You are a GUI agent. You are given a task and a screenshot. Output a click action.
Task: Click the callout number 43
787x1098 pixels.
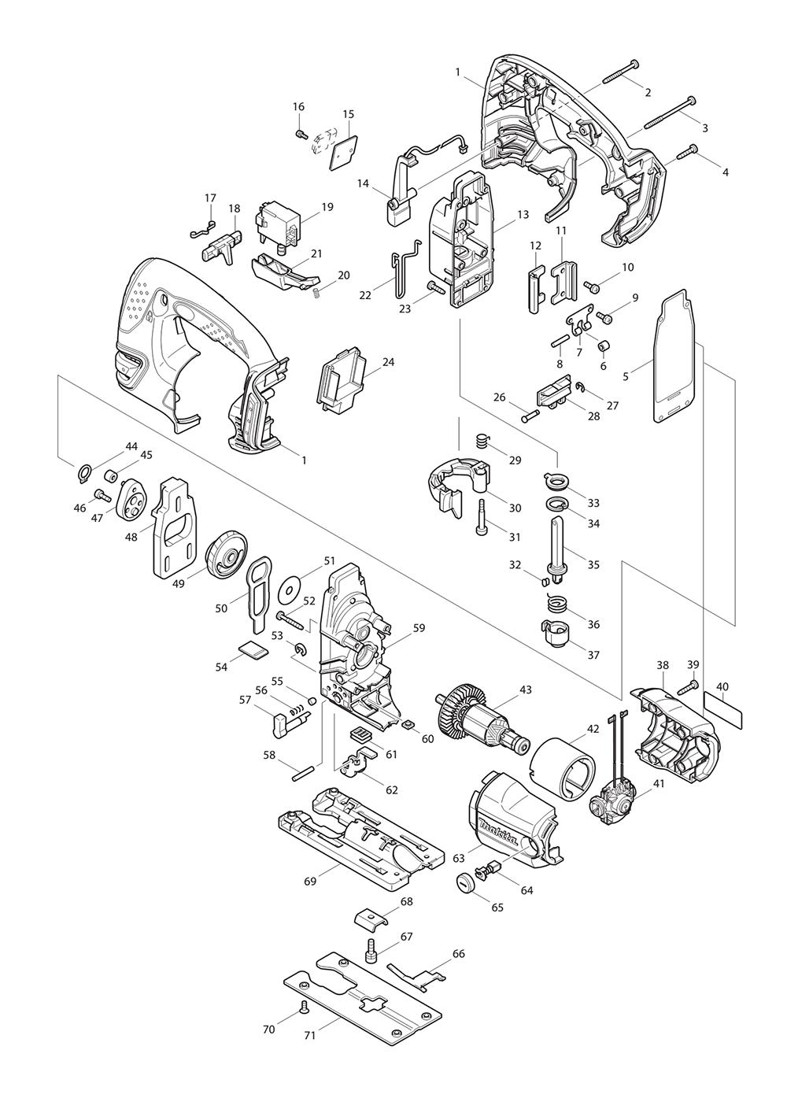pyautogui.click(x=525, y=689)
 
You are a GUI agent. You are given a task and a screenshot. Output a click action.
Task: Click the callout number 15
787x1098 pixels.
pyautogui.click(x=348, y=114)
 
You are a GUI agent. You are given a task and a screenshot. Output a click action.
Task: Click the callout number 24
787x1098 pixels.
pyautogui.click(x=389, y=362)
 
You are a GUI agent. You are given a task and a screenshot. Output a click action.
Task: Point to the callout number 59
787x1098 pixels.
pyautogui.click(x=419, y=628)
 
